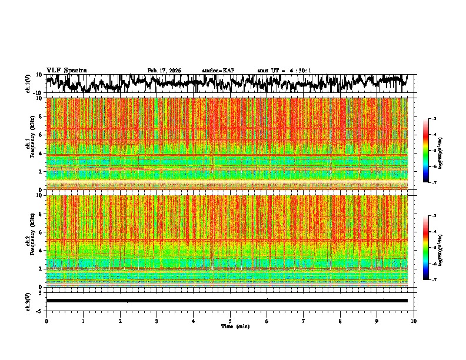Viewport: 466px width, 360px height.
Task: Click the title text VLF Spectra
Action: coord(66,71)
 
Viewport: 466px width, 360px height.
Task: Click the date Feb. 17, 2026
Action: coord(164,71)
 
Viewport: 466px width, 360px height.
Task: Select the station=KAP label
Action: coord(218,71)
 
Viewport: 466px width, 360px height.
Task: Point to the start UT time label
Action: coord(284,71)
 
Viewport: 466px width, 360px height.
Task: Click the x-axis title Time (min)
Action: coord(235,326)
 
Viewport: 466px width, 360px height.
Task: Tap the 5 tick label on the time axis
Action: coord(230,321)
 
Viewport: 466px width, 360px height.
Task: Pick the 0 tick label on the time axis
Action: coord(46,321)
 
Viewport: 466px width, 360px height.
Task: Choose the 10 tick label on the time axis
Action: coord(414,321)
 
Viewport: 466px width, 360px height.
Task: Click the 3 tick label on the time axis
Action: coord(157,321)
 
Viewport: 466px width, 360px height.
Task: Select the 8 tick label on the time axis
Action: coord(340,321)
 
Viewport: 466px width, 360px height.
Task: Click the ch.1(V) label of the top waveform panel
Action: coord(28,84)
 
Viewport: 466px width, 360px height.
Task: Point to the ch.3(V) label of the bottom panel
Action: coord(28,301)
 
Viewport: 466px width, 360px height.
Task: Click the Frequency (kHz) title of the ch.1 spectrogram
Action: coord(34,144)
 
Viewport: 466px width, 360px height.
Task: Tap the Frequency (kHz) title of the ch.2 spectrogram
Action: coord(34,241)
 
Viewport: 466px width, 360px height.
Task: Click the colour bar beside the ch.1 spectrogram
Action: coord(425,151)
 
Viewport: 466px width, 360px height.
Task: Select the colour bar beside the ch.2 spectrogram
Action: coord(425,248)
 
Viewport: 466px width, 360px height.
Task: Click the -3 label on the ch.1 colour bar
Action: coord(434,119)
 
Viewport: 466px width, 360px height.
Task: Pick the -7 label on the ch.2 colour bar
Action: coord(434,280)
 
